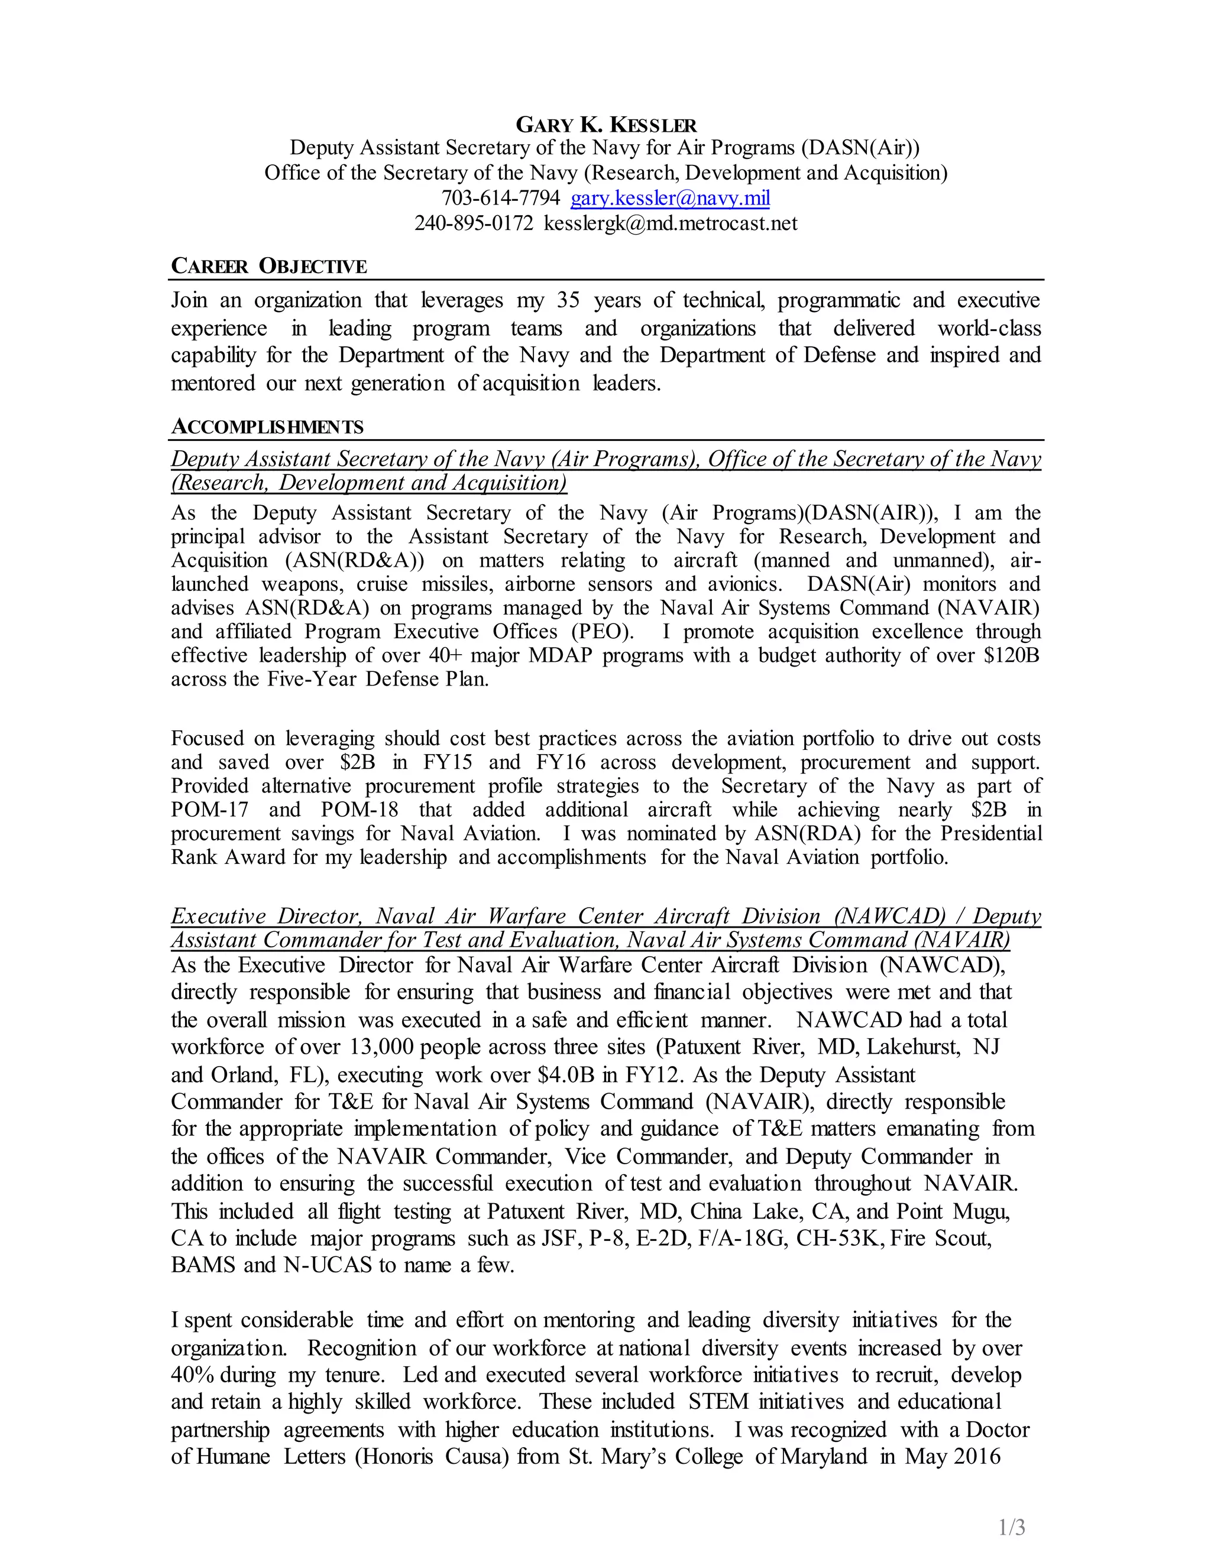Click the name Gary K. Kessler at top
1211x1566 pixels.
(605, 125)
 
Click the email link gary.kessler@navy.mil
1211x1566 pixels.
(670, 198)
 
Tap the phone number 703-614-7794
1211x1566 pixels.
(500, 198)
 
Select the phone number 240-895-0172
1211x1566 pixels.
(474, 224)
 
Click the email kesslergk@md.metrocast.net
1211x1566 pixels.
(670, 224)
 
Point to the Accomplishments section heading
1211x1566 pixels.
(267, 427)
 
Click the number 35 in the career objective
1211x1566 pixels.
(568, 300)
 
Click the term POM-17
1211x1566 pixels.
(209, 810)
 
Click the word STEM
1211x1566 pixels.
(718, 1401)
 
